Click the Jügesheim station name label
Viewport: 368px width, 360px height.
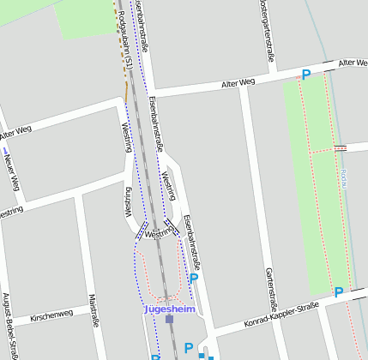tap(170, 309)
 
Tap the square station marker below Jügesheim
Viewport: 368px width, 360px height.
tap(169, 320)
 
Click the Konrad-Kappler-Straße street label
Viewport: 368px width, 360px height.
tap(282, 312)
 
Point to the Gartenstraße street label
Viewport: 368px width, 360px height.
tap(270, 286)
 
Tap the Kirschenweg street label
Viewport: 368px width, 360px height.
tap(52, 316)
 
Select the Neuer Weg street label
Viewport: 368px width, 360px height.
tap(11, 171)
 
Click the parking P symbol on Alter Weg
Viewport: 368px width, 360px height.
tap(305, 75)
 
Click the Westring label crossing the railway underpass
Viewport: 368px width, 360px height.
tap(159, 233)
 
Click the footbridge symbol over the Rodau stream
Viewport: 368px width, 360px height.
tap(340, 148)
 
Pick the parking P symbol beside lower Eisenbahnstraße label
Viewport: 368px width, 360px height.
tap(194, 278)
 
